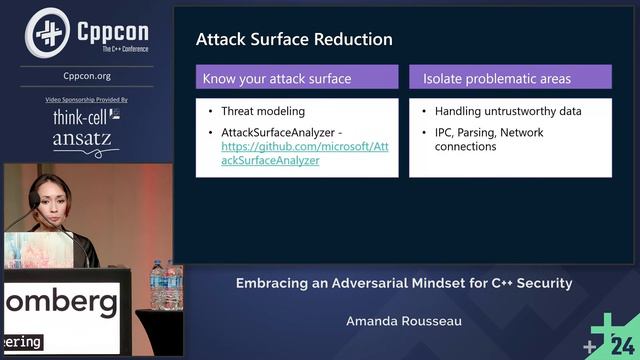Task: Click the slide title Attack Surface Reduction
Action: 294,39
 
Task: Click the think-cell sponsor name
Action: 80,117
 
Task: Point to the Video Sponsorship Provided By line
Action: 86,100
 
